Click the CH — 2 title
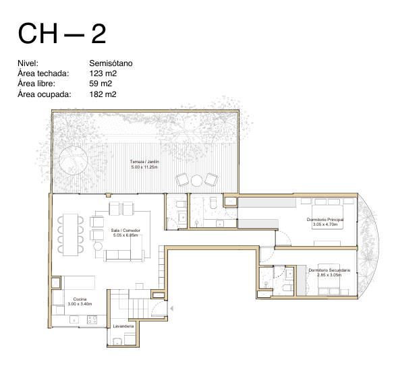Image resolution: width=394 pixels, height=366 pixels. coord(62,34)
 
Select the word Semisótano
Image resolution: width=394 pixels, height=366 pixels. coord(111,63)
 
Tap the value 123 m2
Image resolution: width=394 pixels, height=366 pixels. coord(103,73)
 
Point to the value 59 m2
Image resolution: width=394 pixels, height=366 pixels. coord(101,84)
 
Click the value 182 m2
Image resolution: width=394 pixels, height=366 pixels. coord(103,94)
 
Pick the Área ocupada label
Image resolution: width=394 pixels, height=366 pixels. coord(45,94)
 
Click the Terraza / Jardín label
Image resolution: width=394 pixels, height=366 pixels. coord(144,161)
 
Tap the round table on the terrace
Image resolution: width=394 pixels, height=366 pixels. coord(196,180)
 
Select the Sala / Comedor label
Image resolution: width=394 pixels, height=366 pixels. coord(125,231)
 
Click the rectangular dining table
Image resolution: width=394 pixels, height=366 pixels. coord(70,235)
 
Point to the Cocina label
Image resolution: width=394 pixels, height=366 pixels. coord(80,299)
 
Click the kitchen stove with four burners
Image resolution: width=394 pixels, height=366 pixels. coord(92,319)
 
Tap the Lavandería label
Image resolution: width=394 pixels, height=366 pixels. coord(123,326)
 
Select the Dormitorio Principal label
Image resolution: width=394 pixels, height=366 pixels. coord(325,220)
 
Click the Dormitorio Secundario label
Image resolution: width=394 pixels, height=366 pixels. coord(329,270)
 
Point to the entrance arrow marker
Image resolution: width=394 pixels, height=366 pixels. coord(171,308)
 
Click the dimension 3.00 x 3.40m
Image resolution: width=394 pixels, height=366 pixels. coord(80,304)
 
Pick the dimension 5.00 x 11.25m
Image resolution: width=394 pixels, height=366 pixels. coord(144,167)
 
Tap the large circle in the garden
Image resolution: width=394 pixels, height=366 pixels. coord(73,160)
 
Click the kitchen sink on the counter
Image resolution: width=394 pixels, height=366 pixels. coord(74,319)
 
